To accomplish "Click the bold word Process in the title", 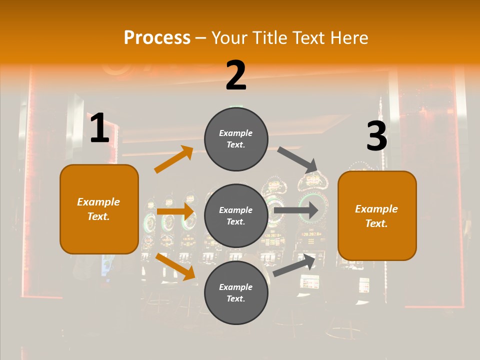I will click(x=157, y=37).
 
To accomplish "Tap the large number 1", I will click(x=99, y=128).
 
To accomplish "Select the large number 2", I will click(x=236, y=75).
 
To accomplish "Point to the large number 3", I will click(x=376, y=136).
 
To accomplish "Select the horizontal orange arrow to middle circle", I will click(x=175, y=211).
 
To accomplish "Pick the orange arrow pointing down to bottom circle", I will click(x=175, y=266).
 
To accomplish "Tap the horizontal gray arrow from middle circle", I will click(x=296, y=210).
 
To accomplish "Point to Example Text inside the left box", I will click(x=98, y=209).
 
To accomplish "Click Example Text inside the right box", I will click(x=376, y=216).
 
